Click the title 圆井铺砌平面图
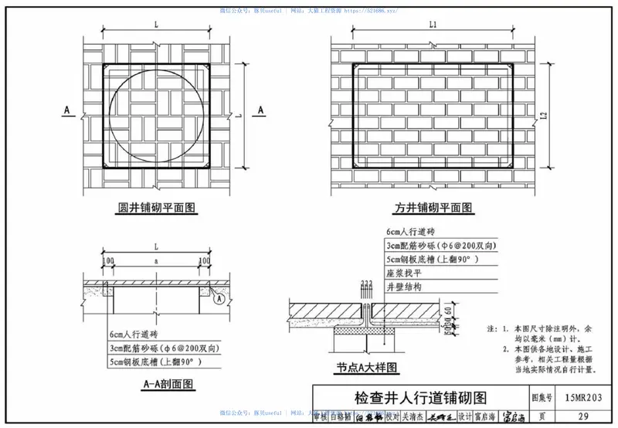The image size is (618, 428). coord(157,208)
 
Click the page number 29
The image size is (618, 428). coord(583,416)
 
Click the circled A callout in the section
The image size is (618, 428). coord(219,298)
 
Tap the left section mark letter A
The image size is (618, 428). coord(67,110)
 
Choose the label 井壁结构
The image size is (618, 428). coord(404,286)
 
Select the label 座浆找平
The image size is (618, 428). coord(404,273)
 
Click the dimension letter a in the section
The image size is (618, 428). coord(157,263)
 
